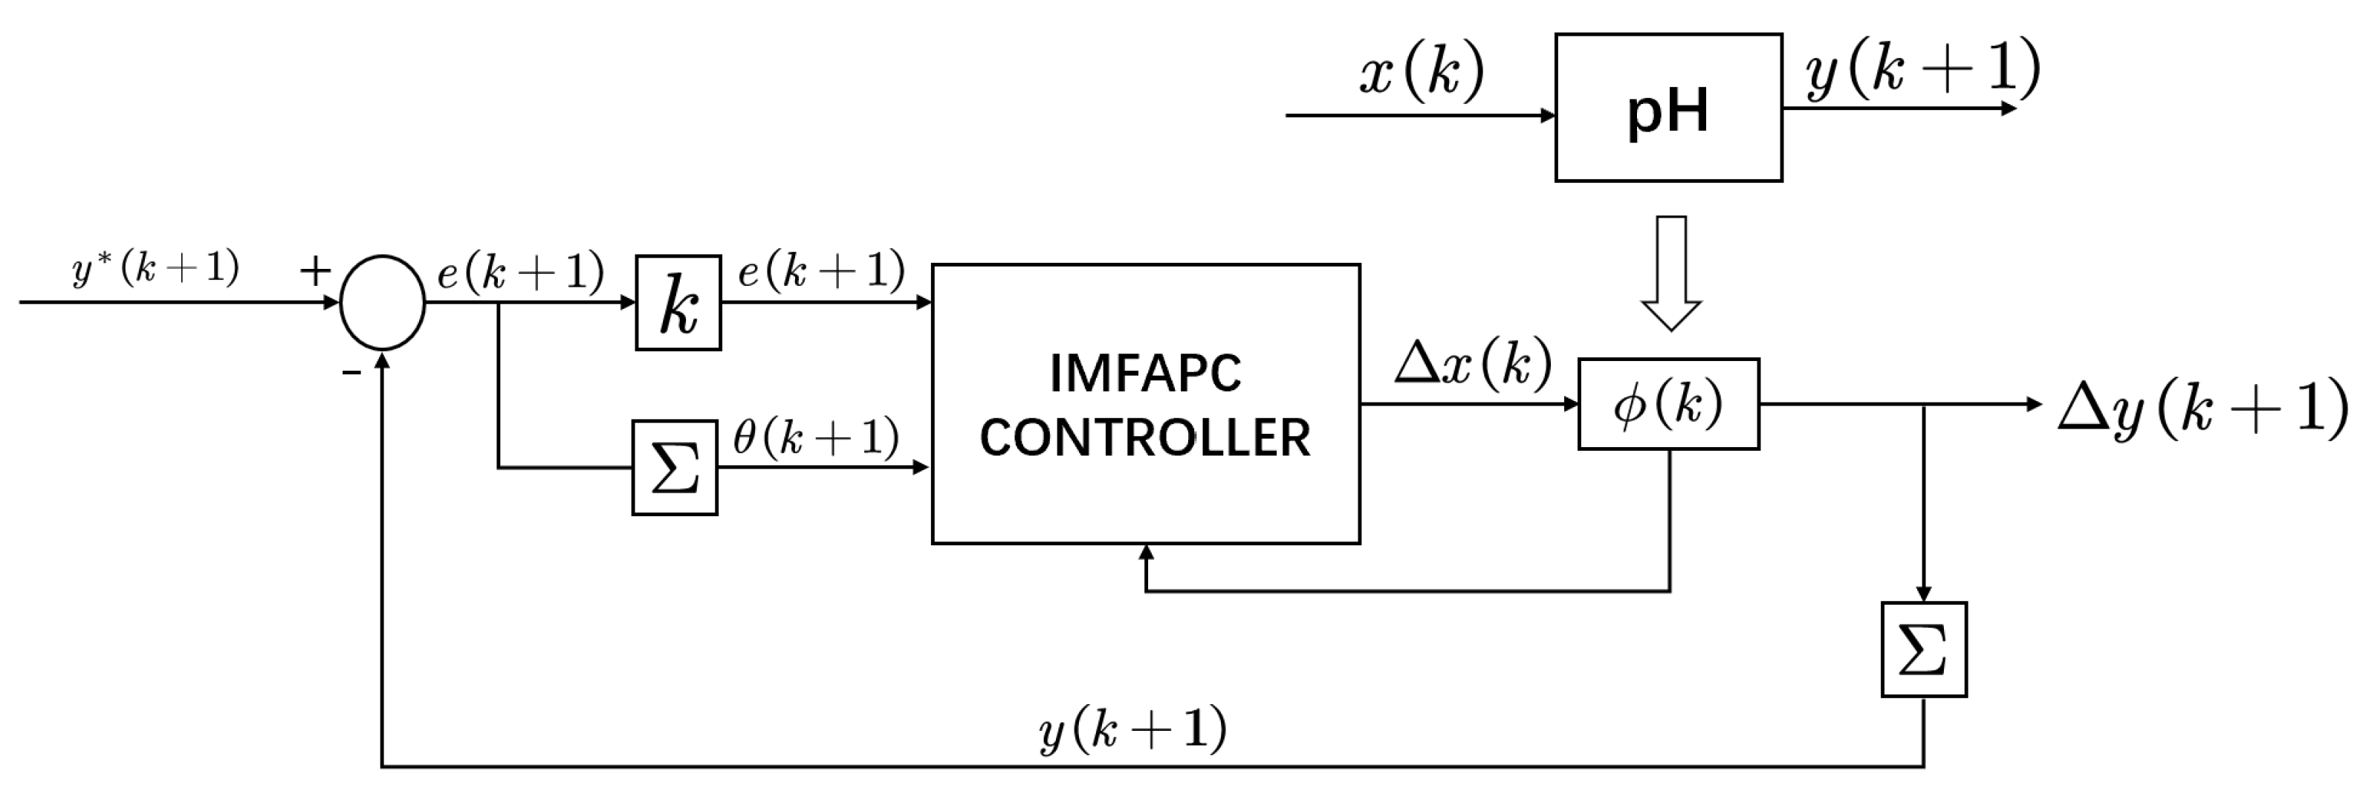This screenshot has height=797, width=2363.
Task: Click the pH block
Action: coord(1667,108)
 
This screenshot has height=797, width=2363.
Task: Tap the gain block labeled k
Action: coord(678,302)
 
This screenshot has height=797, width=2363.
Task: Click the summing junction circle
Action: coord(383,302)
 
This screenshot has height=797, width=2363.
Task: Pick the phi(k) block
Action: coord(1667,403)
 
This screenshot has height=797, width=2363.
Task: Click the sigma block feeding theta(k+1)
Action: coord(674,468)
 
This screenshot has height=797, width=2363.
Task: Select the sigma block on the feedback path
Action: coord(1924,649)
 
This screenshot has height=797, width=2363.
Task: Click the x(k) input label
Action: coord(1421,71)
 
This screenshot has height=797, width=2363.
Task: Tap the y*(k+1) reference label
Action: coord(156,269)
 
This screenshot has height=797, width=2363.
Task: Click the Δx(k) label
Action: coord(1472,363)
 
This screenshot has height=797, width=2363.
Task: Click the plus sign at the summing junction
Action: coord(314,270)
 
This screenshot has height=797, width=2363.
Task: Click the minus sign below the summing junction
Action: coord(351,372)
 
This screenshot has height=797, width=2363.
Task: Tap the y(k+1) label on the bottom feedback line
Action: coord(1133,730)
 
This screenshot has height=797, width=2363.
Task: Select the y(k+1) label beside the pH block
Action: coord(1922,70)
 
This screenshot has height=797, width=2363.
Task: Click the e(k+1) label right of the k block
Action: coord(821,270)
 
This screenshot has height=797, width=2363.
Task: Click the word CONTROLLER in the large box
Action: coord(1145,437)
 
